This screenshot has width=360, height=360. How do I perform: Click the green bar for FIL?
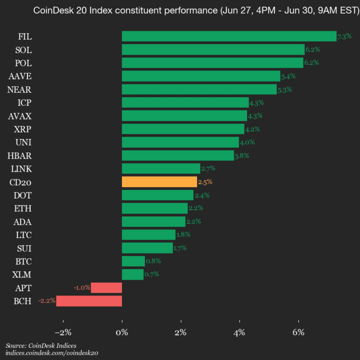[x=229, y=36]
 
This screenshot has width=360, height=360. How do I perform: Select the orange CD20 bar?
[x=159, y=181]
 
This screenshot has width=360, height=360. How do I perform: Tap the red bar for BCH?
[x=89, y=301]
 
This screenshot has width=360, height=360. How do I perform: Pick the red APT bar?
[x=106, y=287]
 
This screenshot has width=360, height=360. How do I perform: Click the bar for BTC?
[x=133, y=261]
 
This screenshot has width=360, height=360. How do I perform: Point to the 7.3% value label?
[x=344, y=36]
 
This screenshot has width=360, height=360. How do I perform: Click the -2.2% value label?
[x=46, y=301]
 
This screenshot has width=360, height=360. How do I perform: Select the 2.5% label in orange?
[x=205, y=182]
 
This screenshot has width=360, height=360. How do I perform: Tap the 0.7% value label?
[x=151, y=274]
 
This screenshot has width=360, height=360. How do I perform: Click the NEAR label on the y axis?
[x=20, y=89]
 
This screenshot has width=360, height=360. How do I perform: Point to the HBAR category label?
[x=20, y=155]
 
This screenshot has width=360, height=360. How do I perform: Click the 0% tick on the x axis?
[x=122, y=332]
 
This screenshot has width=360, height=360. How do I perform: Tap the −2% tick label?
[x=63, y=332]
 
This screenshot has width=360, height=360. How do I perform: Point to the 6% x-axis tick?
[x=298, y=332]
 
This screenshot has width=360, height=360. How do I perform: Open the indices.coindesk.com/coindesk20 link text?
[x=52, y=353]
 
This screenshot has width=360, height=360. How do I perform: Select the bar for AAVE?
[x=201, y=76]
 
